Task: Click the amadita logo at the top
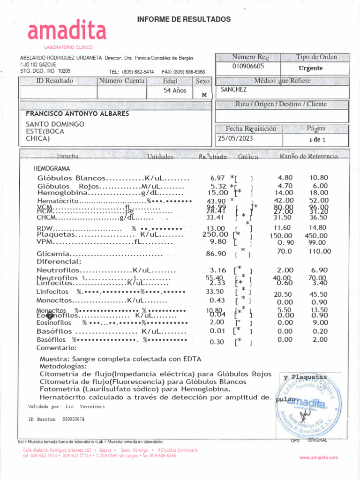coord(67,31)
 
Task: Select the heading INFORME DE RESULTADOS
coord(184,19)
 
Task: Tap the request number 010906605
coord(248,66)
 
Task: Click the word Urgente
coord(310,68)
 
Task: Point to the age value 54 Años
coord(174,90)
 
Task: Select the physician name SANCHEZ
coord(233,89)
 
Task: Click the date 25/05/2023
coord(235,138)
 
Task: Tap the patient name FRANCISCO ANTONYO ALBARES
coord(77,113)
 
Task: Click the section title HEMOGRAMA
coord(52,168)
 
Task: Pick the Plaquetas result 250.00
coord(215,234)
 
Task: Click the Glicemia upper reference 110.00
coord(319,251)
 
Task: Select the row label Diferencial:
coord(59,262)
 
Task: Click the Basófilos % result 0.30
coord(217,342)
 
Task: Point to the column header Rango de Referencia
coord(308,156)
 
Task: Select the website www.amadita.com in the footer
coord(319,457)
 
